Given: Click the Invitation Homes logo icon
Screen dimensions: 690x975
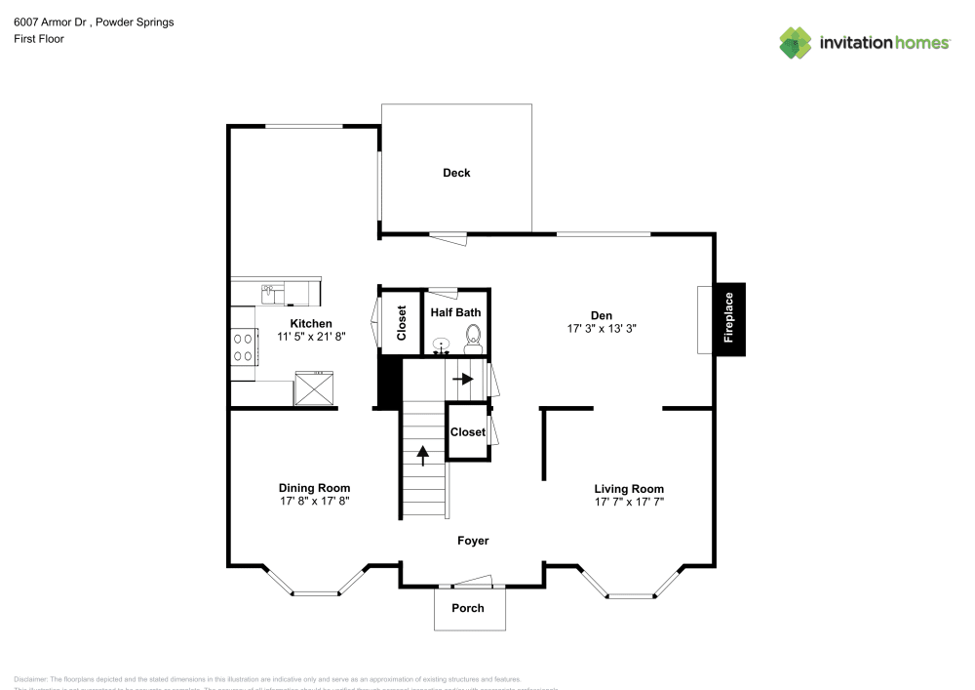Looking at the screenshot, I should coord(796,43).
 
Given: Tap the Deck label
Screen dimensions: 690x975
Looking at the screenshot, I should coord(456,173).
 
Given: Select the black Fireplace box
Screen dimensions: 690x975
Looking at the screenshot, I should coord(730,319).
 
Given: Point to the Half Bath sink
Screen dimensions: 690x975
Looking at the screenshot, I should coord(442,345).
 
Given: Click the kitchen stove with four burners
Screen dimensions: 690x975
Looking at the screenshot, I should coord(243,346).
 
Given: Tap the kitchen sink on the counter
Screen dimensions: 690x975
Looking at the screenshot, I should coord(269,292).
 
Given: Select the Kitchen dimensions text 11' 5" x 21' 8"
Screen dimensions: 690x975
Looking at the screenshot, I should coord(311,337).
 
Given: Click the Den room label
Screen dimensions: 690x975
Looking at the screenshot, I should coord(601,314).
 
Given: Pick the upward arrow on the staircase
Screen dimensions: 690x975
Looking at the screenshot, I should coord(423,453).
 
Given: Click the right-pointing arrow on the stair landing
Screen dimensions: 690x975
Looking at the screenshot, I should coord(463,379).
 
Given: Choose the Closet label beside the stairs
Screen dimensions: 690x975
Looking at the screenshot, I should coord(468,431).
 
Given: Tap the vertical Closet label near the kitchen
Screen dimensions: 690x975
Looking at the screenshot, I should coord(401,323).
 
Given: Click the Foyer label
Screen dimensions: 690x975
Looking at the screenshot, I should coord(473,541).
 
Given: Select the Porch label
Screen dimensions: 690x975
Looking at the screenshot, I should coord(467,608).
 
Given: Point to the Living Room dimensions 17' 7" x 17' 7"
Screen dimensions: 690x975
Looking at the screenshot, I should coord(629,502).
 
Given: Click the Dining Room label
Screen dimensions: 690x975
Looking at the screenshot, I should coord(314,488).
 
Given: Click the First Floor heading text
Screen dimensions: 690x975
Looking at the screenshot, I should coord(39,39).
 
